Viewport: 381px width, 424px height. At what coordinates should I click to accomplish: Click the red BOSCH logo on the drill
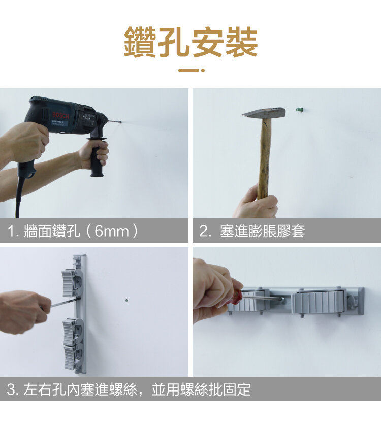pos(60,115)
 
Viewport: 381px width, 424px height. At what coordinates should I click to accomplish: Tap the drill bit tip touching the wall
pos(121,122)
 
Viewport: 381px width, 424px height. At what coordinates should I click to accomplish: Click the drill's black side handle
pos(97,157)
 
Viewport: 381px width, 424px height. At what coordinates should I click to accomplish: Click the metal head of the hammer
pos(264,113)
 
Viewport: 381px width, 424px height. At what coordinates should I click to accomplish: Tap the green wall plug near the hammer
pos(299,110)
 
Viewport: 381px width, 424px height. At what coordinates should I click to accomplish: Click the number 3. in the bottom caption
pos(13,389)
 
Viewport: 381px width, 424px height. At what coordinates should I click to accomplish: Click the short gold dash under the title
pos(188,70)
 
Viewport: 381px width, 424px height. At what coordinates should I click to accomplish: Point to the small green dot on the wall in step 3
pos(126,300)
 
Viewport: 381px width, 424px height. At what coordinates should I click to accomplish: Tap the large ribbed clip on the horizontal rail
pos(319,302)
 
